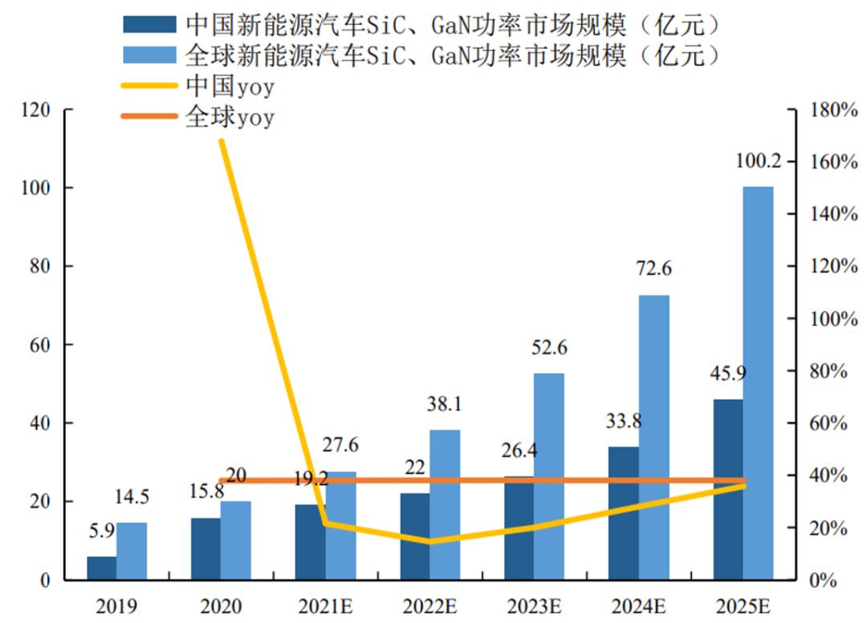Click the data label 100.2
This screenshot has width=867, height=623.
point(758,161)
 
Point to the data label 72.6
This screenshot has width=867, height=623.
point(653,270)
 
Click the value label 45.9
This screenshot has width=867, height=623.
point(727,373)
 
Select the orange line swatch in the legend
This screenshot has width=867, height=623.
point(149,116)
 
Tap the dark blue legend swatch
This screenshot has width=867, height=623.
point(149,24)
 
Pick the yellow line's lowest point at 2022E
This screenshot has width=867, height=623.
point(429,542)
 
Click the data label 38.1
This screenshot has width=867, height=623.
point(444,405)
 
